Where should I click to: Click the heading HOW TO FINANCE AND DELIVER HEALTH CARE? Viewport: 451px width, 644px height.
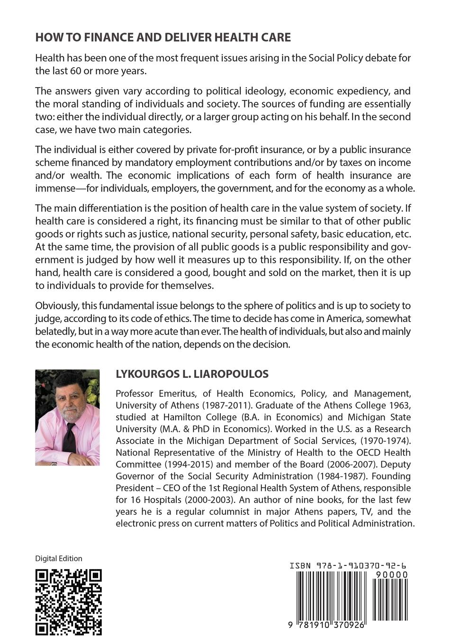[x=163, y=37]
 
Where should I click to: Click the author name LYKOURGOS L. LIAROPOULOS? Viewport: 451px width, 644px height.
[x=192, y=374]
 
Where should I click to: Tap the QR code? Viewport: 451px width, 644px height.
[x=69, y=601]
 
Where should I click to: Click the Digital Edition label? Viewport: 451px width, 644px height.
[x=59, y=559]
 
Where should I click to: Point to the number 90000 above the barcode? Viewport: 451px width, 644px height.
[x=391, y=574]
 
